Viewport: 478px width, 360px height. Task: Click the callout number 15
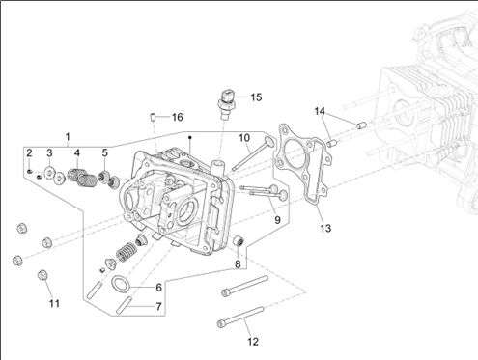coord(256,97)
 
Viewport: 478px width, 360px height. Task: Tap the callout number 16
coord(178,117)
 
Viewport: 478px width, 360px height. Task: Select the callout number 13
coord(325,228)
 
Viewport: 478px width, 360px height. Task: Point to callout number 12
coord(253,342)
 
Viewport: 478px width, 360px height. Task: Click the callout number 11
coord(54,303)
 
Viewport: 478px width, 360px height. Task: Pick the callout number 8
coord(238,264)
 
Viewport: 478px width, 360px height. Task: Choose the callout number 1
coord(68,137)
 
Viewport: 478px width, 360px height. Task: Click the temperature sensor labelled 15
coord(227,104)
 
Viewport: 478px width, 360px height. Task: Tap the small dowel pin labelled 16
coord(154,117)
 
